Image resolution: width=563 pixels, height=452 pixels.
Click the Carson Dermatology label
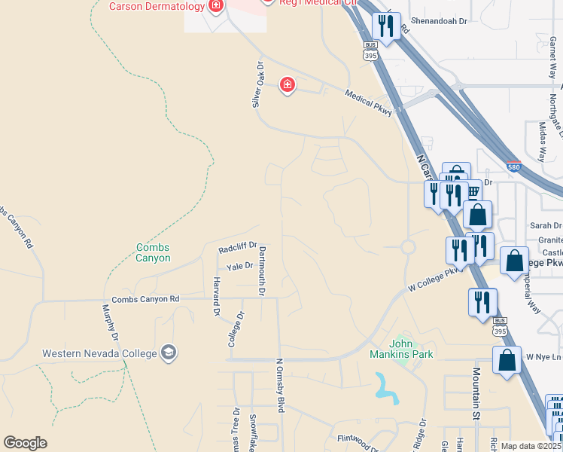(x=157, y=7)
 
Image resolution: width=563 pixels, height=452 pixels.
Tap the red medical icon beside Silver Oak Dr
(x=287, y=84)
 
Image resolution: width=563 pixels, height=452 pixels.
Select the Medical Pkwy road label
(x=369, y=102)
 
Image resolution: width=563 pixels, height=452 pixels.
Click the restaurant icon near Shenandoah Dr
(x=386, y=27)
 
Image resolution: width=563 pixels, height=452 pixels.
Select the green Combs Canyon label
(x=153, y=252)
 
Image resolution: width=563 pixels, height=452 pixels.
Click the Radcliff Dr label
(x=238, y=247)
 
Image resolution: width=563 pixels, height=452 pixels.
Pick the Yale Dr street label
(x=240, y=265)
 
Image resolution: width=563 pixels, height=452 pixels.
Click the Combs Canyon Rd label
(x=146, y=299)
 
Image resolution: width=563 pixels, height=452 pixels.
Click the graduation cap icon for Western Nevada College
(x=170, y=353)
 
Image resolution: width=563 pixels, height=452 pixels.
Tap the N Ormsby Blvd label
(x=280, y=384)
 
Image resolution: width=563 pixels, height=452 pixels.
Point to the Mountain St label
(x=476, y=384)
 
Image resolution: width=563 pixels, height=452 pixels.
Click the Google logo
(x=25, y=443)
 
